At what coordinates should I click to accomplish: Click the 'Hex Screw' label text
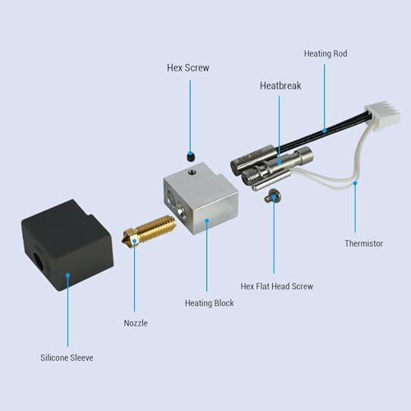coord(187,68)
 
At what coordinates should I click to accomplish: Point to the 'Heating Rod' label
coord(326,53)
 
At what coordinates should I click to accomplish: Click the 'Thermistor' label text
coord(363,243)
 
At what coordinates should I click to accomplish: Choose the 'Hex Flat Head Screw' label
coord(276,286)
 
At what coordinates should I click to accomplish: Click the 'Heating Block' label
coord(210,303)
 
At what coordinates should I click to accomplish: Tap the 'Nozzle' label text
coord(136,323)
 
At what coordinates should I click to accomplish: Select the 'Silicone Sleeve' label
coord(68,358)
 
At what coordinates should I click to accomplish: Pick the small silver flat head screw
coord(271,195)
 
